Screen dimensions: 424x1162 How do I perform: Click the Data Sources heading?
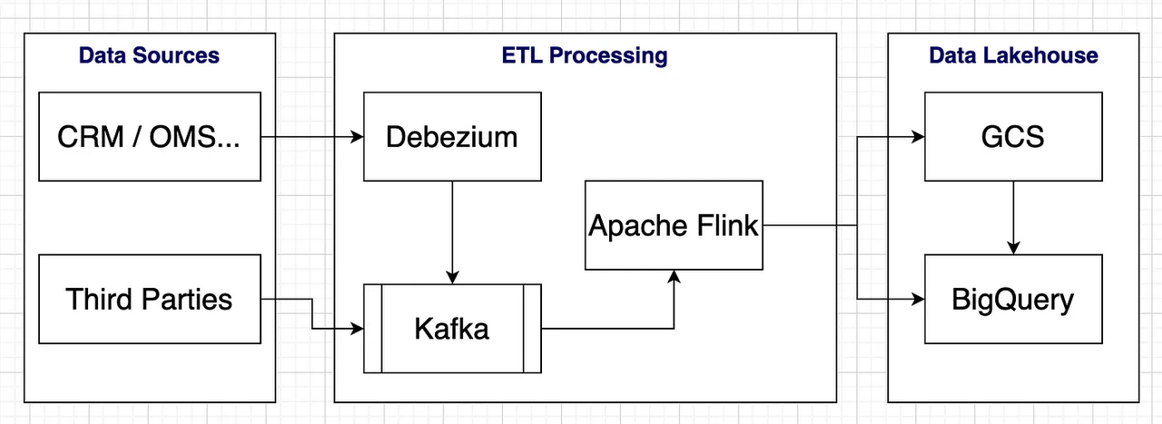pyautogui.click(x=149, y=55)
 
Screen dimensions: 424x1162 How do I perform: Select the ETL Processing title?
pyautogui.click(x=585, y=55)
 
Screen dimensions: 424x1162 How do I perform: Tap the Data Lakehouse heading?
pyautogui.click(x=1013, y=55)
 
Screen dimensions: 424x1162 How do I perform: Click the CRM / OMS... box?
pyautogui.click(x=149, y=136)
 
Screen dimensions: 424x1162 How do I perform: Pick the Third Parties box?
pyautogui.click(x=149, y=299)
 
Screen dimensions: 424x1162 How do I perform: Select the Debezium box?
pyautogui.click(x=451, y=136)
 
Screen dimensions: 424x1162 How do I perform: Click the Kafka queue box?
pyautogui.click(x=451, y=329)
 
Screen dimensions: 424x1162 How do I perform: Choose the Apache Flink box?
pyautogui.click(x=673, y=225)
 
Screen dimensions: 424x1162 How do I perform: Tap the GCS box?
pyautogui.click(x=1013, y=136)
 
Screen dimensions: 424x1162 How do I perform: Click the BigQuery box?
pyautogui.click(x=1013, y=299)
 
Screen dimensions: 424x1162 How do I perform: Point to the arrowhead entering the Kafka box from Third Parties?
pyautogui.click(x=356, y=329)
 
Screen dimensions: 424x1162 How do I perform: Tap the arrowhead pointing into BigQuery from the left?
pyautogui.click(x=917, y=300)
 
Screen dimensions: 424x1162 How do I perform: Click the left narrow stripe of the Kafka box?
pyautogui.click(x=372, y=329)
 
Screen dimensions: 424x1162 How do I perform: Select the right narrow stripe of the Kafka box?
pyautogui.click(x=532, y=329)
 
